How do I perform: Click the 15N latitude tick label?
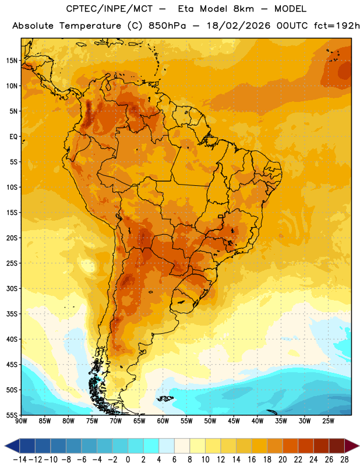click(x=12, y=61)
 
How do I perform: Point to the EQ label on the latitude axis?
click(x=13, y=137)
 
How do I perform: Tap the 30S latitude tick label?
click(x=12, y=288)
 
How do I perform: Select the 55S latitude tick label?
click(x=12, y=415)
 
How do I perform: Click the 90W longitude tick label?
click(x=21, y=421)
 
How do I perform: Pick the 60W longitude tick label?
click(x=163, y=421)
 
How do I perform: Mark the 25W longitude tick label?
click(x=328, y=421)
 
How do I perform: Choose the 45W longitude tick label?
click(x=234, y=421)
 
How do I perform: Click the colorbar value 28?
click(x=344, y=460)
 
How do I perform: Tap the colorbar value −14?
click(x=20, y=460)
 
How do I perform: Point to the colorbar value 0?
click(x=128, y=460)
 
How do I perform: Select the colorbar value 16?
click(x=252, y=460)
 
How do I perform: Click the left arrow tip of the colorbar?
click(x=5, y=446)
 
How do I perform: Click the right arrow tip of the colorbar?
click(x=359, y=446)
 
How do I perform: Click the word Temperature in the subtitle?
click(x=90, y=26)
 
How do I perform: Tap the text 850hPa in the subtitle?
click(x=167, y=26)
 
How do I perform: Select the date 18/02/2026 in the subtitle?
click(x=238, y=26)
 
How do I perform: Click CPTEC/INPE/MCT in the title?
click(x=110, y=9)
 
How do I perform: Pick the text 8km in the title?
click(x=243, y=9)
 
